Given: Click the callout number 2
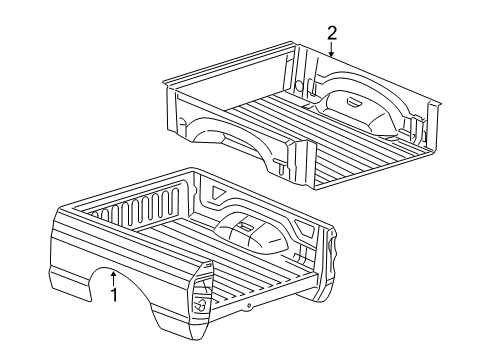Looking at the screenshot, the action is (x=331, y=34).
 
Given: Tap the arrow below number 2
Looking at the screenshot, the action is (x=331, y=50).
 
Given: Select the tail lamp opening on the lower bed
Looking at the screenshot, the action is (x=200, y=304).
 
